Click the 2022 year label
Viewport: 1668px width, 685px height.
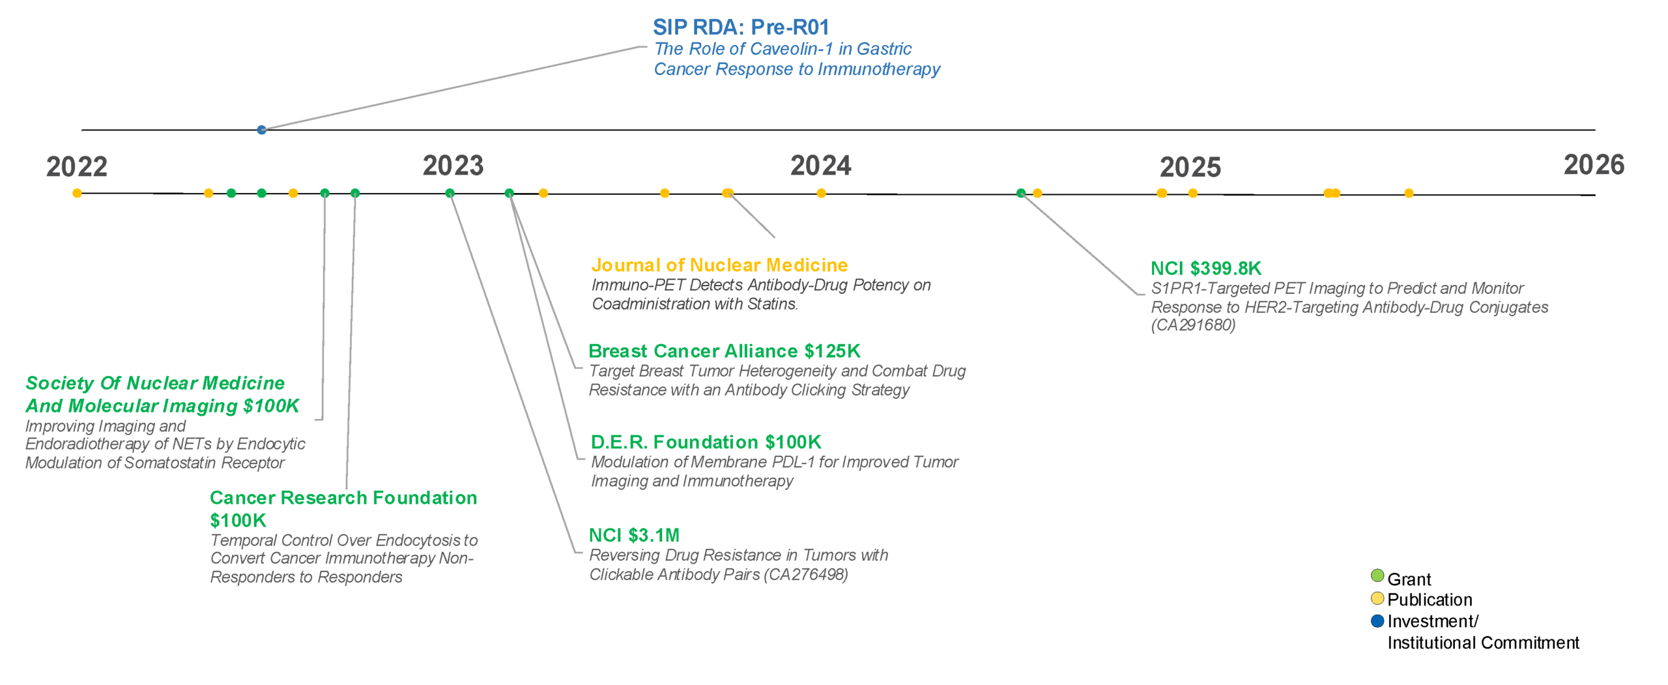tap(76, 167)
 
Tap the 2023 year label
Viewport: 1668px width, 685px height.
tap(453, 166)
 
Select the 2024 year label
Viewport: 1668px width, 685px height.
tap(820, 166)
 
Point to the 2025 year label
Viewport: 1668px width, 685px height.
tap(1190, 167)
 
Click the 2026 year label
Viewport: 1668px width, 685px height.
tap(1594, 165)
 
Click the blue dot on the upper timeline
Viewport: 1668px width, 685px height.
tap(261, 130)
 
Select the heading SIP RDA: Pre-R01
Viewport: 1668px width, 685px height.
tap(741, 27)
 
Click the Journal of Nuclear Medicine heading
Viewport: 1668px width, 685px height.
tap(719, 265)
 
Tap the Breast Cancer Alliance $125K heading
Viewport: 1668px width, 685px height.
tap(724, 351)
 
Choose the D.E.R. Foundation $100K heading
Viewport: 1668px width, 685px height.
tap(706, 442)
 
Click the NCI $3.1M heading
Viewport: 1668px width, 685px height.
tap(634, 535)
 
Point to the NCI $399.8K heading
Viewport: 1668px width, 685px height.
tap(1205, 268)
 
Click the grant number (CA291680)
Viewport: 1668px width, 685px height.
tap(1192, 325)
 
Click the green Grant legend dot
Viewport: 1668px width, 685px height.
tap(1377, 576)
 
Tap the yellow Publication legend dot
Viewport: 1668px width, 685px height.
tap(1377, 598)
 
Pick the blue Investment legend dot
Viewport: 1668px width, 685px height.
tap(1377, 620)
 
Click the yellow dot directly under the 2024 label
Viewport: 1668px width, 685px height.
tap(821, 193)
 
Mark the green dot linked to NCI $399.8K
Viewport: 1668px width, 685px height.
tap(1021, 193)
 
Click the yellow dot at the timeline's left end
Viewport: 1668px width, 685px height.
tap(77, 193)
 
